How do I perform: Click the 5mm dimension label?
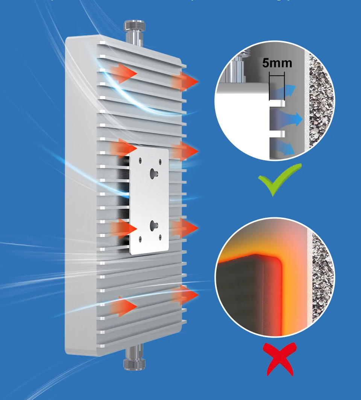coord(277,62)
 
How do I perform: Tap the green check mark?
coord(279,180)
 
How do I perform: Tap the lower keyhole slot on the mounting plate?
coord(153,225)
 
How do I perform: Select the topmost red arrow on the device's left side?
coord(124,73)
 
